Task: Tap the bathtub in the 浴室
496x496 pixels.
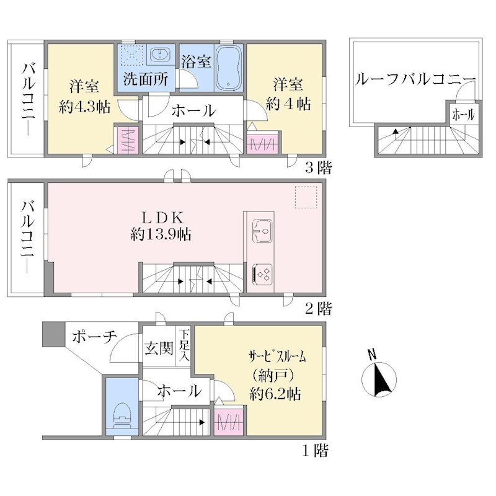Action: click(x=229, y=68)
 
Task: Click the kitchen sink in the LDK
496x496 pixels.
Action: click(x=262, y=231)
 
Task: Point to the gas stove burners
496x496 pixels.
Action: click(x=262, y=273)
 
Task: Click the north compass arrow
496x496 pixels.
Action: click(x=381, y=379)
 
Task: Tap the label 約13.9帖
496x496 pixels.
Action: click(x=161, y=235)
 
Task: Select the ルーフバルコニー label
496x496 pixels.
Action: click(x=415, y=79)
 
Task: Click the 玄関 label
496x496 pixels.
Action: click(x=159, y=348)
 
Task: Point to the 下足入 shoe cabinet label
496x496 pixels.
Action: click(x=184, y=345)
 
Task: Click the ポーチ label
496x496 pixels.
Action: click(x=94, y=337)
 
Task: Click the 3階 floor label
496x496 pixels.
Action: click(x=319, y=167)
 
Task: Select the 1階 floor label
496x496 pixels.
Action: click(x=316, y=451)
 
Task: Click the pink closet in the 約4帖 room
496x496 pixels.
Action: click(x=262, y=144)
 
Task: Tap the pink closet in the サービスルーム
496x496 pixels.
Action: click(x=229, y=422)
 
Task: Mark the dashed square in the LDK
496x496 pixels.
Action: click(x=306, y=197)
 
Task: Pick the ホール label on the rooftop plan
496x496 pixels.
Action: click(x=463, y=115)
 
